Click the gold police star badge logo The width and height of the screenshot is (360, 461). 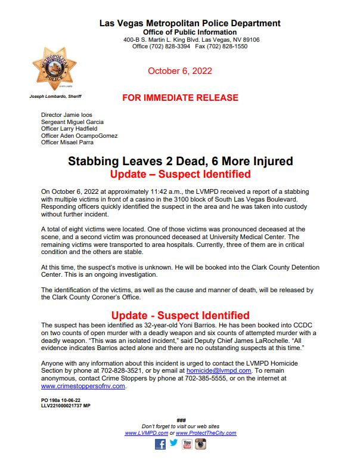pos(55,70)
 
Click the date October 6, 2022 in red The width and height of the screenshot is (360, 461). pos(179,71)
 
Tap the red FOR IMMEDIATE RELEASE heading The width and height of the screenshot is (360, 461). pos(179,97)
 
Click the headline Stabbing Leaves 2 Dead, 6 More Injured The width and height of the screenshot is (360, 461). pos(179,161)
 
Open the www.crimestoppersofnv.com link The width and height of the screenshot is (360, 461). pos(83,386)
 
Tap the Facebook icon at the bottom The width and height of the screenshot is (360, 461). pos(160,444)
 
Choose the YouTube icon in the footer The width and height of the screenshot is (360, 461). pos(187,444)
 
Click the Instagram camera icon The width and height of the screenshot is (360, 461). pos(201,444)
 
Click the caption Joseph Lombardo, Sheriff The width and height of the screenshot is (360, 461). pos(55,96)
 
